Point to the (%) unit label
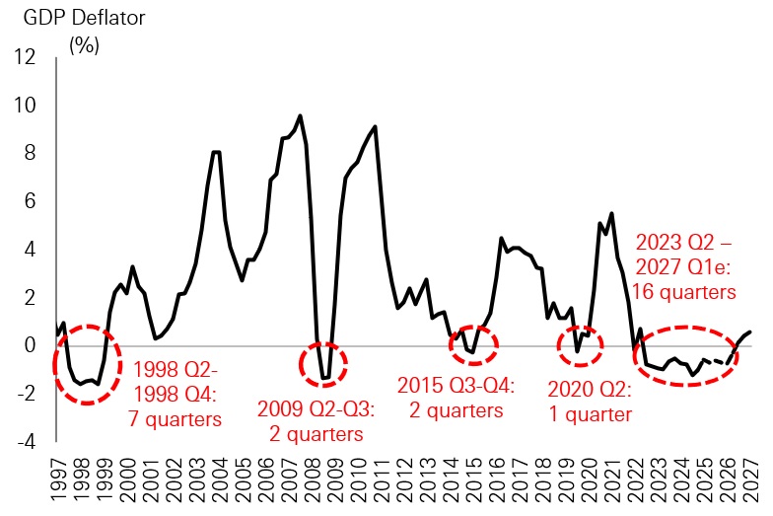(x=84, y=44)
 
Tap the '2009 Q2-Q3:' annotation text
(x=316, y=407)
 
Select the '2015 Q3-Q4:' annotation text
(x=457, y=385)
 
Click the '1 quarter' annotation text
(x=589, y=414)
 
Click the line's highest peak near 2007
(x=300, y=115)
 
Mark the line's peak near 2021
(x=612, y=213)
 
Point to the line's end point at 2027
(x=751, y=332)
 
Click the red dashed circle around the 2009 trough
(x=322, y=364)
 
